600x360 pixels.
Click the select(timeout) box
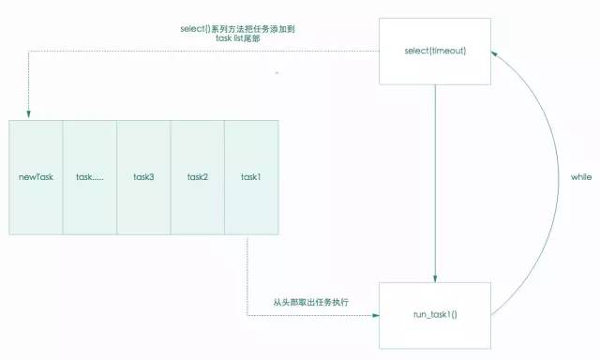click(435, 52)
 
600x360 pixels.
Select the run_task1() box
click(435, 315)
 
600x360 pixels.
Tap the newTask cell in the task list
click(36, 177)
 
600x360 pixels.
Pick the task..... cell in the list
click(90, 177)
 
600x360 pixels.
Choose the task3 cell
click(143, 177)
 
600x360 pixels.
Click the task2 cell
click(197, 177)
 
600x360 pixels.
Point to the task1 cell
click(250, 177)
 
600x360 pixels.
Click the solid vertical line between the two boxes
click(435, 178)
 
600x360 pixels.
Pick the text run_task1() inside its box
click(435, 316)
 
